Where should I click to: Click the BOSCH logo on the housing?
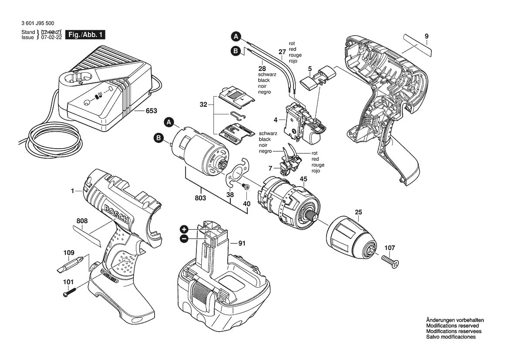116,215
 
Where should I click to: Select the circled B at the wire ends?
236,51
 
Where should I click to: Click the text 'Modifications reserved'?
452,326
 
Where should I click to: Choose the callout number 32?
203,105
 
